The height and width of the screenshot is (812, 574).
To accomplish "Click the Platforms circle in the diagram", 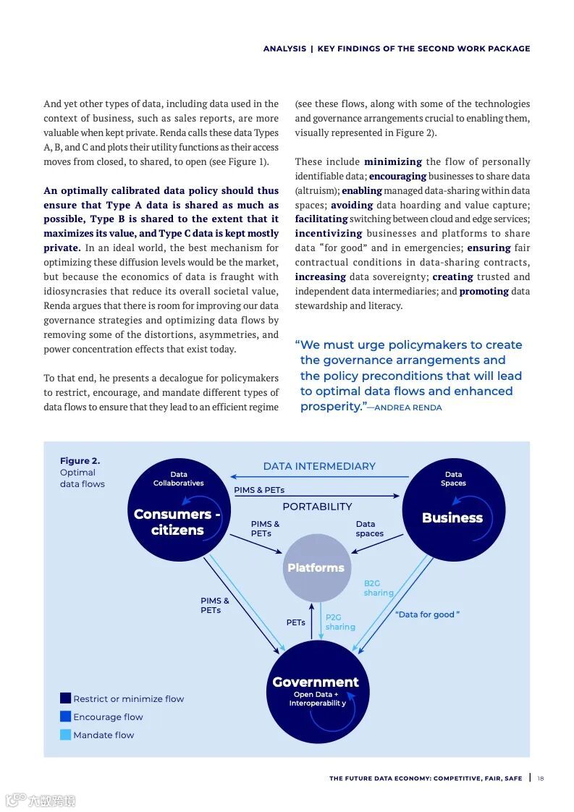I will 316,568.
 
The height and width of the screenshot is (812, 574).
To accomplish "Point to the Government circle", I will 316,692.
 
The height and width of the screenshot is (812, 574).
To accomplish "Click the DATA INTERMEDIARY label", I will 319,467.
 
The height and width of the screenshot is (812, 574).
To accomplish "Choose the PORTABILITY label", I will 317,507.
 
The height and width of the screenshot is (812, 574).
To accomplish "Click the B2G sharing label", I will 378,588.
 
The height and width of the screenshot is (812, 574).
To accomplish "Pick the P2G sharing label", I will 339,622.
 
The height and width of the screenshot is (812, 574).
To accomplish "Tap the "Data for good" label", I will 427,614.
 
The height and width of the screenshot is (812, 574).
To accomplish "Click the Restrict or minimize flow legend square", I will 66,698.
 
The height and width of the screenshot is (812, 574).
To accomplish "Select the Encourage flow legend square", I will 66,716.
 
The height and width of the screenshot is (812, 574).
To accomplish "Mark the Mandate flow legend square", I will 66,735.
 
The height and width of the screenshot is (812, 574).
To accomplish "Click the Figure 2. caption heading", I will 80,461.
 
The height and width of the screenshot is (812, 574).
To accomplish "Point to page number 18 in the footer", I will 541,779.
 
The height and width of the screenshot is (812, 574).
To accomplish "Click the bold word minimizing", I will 393,161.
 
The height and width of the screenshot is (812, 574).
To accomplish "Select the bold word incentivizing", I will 328,233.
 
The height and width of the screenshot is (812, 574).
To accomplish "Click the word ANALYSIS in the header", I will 284,49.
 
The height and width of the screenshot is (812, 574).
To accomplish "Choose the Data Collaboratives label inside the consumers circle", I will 179,479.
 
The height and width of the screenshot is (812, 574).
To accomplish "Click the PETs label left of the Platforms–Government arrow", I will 295,622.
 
